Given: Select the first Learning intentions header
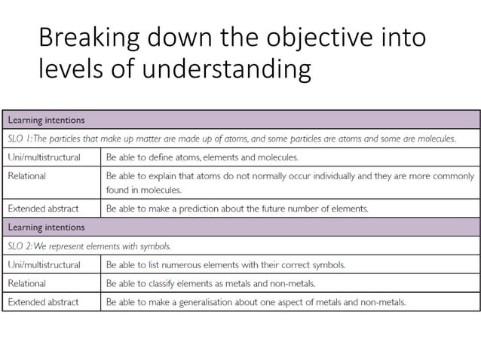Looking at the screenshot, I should click(46, 121).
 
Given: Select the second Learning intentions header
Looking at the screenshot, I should click(46, 227).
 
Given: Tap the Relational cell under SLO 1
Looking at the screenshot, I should click(26, 175).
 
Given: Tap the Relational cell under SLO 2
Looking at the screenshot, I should click(26, 283).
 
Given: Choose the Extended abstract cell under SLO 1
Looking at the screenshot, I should click(43, 208).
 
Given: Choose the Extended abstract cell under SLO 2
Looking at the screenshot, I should click(43, 302).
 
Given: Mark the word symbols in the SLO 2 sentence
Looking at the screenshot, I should click(154, 246).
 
